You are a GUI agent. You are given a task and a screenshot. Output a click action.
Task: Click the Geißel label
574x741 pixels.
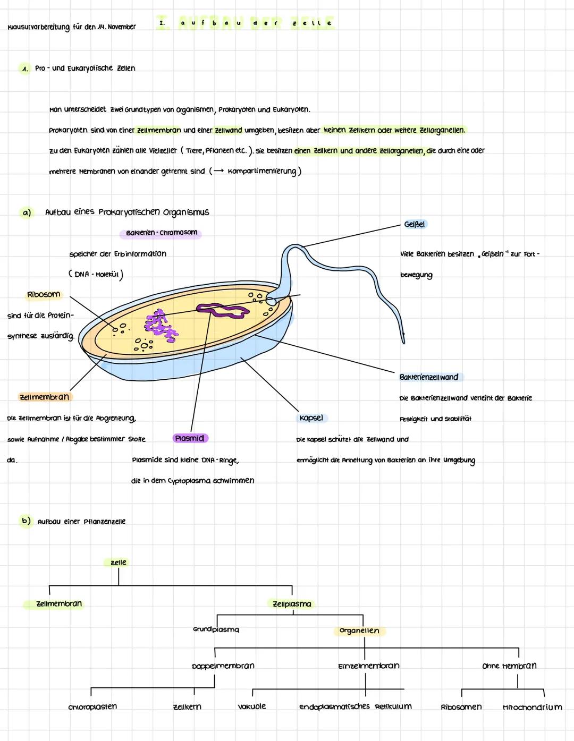[x=415, y=225]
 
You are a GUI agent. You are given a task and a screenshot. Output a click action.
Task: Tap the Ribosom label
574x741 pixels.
[x=44, y=294]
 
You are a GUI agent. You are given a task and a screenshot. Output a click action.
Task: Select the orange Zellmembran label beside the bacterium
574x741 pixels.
[x=44, y=397]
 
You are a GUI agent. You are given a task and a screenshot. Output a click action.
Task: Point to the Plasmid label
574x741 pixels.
[x=190, y=438]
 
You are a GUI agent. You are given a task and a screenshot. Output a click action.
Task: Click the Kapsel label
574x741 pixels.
[x=311, y=418]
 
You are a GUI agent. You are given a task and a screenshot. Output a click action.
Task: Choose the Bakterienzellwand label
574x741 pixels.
[x=429, y=377]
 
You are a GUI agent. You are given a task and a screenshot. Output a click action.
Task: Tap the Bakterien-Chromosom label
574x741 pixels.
[x=162, y=233]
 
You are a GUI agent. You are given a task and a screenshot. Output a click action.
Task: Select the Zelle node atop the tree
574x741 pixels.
[x=119, y=563]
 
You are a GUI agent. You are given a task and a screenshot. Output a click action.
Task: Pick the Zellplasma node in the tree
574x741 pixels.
[x=292, y=604]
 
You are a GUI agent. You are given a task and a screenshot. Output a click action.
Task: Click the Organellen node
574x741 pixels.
[x=359, y=631]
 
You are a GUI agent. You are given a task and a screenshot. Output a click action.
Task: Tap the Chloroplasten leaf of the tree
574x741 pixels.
[x=92, y=707]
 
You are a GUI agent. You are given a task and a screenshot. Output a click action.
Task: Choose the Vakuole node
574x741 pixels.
[x=252, y=706]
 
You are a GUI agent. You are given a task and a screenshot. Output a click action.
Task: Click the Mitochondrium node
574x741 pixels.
[x=532, y=707]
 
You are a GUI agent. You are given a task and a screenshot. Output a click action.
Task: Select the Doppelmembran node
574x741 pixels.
[x=223, y=666]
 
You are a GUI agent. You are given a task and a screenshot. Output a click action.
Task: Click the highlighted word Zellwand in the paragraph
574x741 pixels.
[x=228, y=130]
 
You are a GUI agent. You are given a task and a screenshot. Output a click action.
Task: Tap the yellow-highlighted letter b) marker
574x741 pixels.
[x=26, y=521]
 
